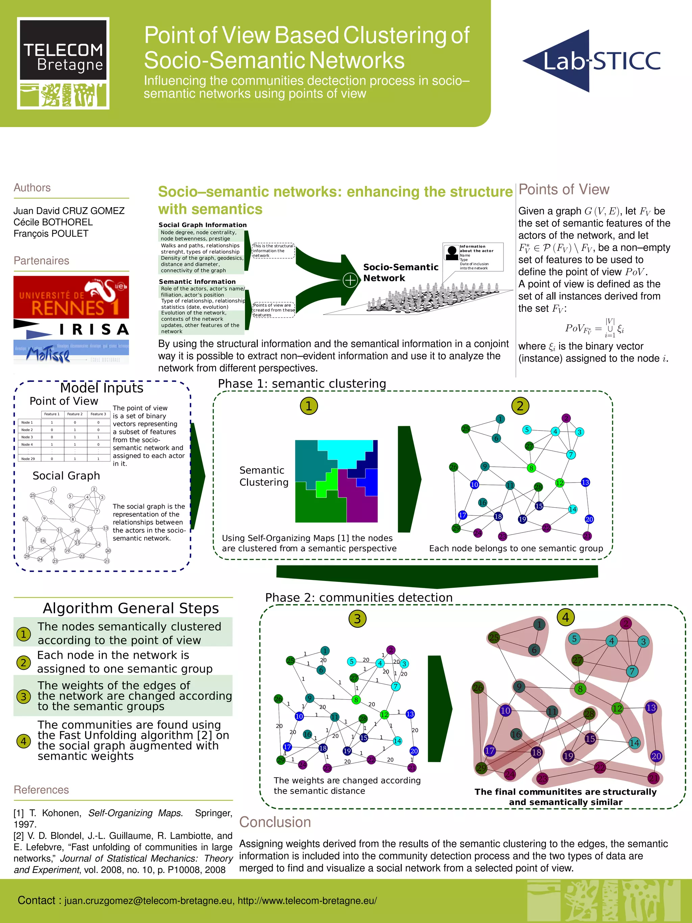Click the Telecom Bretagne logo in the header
click(63, 63)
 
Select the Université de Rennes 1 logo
click(71, 297)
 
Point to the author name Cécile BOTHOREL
click(53, 222)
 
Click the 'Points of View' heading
click(564, 190)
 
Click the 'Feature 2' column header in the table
click(75, 414)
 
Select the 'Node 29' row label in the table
click(28, 459)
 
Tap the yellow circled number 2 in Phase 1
click(520, 406)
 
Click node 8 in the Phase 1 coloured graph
click(531, 468)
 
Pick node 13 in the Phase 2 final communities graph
click(651, 708)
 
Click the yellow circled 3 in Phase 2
click(357, 619)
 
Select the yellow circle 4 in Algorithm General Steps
click(23, 741)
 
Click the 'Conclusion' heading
click(275, 822)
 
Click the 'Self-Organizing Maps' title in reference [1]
click(135, 813)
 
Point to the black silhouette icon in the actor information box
click(452, 252)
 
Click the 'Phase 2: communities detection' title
click(359, 598)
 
